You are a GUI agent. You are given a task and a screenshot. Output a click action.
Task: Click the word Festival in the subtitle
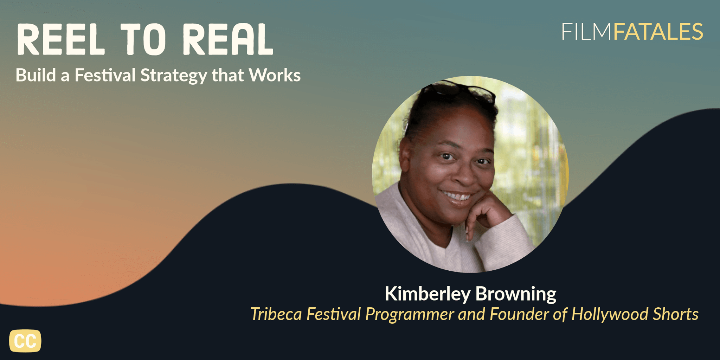coord(105,75)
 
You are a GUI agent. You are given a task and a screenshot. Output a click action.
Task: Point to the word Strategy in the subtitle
coord(174,76)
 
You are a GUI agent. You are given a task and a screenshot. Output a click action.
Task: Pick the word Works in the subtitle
coord(275,75)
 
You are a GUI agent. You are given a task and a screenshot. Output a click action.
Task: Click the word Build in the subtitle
coord(36,75)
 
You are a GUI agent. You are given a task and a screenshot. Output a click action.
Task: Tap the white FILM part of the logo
coord(586,32)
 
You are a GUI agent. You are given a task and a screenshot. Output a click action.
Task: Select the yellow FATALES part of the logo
coord(658,32)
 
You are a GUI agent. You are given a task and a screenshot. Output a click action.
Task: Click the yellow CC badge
coord(25,341)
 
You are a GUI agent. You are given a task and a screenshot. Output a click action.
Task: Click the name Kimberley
coord(427,294)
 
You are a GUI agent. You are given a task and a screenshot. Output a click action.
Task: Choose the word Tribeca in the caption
coord(276,314)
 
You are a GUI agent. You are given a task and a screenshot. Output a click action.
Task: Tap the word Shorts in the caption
coord(676,314)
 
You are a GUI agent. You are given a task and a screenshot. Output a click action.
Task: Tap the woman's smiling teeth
coord(457,196)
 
